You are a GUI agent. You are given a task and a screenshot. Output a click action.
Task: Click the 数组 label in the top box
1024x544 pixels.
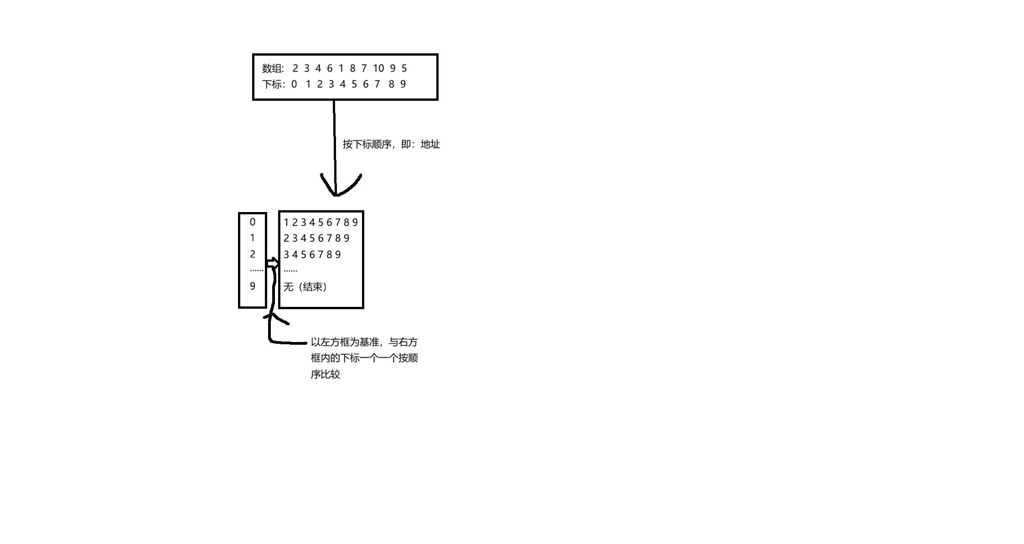pos(272,68)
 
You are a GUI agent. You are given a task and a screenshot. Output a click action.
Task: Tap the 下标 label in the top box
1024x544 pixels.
pos(272,84)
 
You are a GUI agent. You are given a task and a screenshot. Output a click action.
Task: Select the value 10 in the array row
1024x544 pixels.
pos(378,68)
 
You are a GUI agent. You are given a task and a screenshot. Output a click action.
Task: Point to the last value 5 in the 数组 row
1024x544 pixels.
pos(404,68)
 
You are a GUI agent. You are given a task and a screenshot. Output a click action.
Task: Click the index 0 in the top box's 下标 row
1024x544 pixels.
pos(294,84)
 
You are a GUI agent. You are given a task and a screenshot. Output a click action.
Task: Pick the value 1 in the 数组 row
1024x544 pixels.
pos(341,68)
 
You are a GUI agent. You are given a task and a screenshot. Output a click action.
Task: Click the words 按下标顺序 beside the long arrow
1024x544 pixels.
pos(367,145)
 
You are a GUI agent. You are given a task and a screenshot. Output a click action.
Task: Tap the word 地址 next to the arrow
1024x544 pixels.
pos(430,145)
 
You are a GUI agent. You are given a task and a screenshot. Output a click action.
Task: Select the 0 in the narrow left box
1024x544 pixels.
pos(253,223)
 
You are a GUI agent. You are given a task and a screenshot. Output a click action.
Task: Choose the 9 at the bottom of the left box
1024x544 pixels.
pos(253,286)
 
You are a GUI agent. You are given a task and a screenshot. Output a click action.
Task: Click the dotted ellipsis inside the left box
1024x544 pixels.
pos(257,270)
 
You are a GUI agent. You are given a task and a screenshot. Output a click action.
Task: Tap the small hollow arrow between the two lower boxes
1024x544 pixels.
pos(273,263)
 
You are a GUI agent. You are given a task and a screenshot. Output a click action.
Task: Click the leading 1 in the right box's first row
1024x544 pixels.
pos(286,223)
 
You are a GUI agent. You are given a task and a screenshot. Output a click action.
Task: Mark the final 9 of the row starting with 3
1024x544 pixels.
pos(338,254)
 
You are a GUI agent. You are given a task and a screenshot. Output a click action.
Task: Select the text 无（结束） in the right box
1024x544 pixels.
pos(305,287)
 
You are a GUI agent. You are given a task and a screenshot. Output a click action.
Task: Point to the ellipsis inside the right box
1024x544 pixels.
pos(290,270)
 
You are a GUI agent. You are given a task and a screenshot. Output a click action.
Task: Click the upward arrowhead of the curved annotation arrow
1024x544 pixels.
pos(272,315)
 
